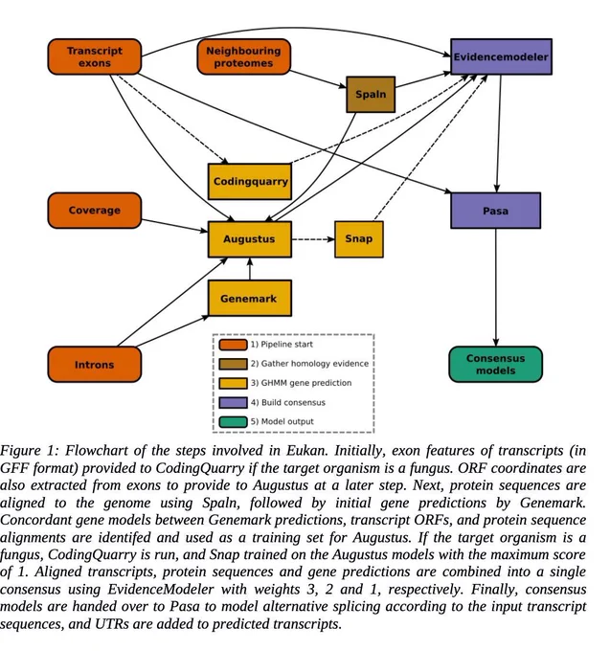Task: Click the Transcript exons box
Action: point(95,56)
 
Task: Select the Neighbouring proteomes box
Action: point(244,56)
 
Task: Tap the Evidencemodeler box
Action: point(501,56)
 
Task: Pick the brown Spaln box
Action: point(371,94)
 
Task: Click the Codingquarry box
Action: point(250,182)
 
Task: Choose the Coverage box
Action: point(95,211)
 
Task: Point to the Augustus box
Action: point(250,239)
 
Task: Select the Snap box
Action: point(359,239)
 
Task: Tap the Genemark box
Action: point(250,298)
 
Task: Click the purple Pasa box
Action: point(496,211)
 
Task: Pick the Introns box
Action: point(95,365)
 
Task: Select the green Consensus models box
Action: point(496,365)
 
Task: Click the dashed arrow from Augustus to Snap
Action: point(313,239)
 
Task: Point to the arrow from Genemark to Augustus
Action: point(250,269)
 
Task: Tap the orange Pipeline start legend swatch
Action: point(233,345)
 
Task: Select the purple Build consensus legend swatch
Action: point(233,403)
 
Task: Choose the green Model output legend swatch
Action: point(233,422)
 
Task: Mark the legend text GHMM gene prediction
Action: point(306,383)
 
